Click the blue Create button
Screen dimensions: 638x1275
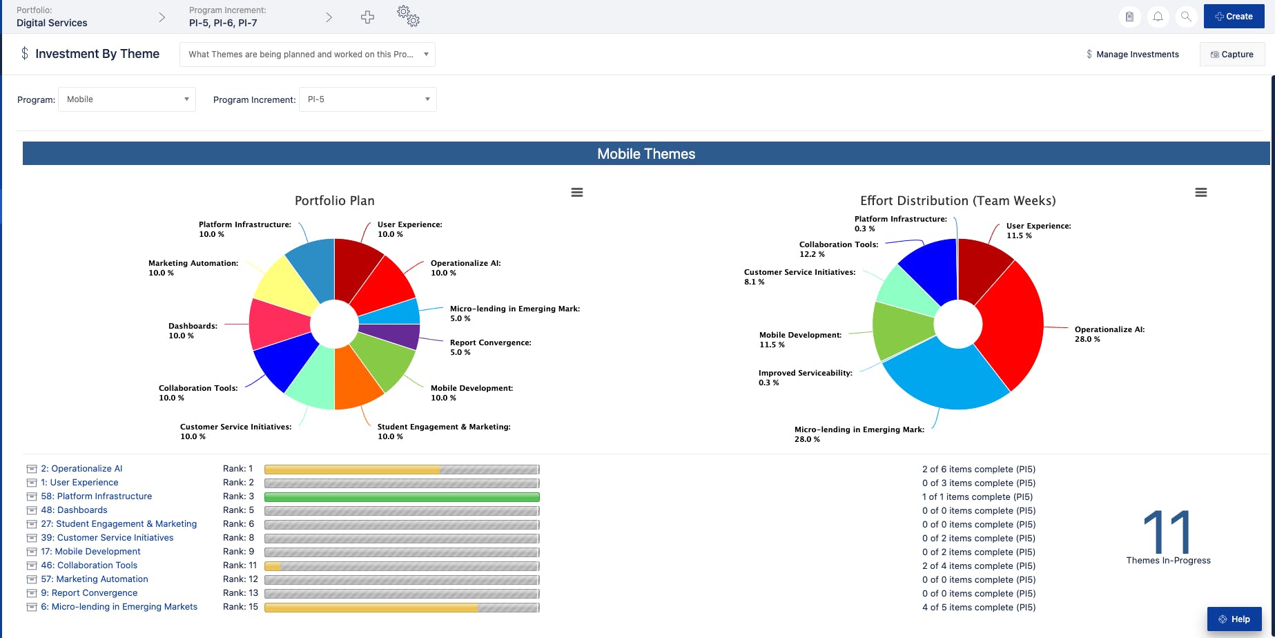coord(1234,17)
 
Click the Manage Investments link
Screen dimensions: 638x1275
coord(1137,55)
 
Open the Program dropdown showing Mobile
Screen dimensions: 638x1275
coord(127,99)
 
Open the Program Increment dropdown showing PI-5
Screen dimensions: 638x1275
coord(367,99)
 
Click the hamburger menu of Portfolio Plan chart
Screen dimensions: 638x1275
coord(577,193)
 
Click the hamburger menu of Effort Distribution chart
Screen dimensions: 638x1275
coord(1201,193)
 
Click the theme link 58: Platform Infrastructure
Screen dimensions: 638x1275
coord(96,496)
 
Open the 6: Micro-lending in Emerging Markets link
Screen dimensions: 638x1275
coord(119,607)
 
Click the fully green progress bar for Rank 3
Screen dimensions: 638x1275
coord(401,497)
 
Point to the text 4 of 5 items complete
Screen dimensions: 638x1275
coord(978,608)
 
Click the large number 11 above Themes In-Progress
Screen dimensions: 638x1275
coord(1167,531)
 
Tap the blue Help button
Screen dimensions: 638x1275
coord(1234,619)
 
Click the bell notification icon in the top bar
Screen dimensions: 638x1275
coord(1158,17)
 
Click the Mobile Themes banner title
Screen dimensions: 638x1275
coord(646,154)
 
